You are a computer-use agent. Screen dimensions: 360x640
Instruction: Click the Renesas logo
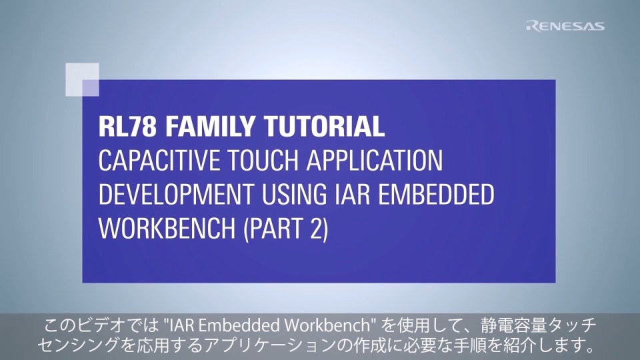coord(565,26)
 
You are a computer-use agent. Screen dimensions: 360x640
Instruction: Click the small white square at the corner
coord(83,79)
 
